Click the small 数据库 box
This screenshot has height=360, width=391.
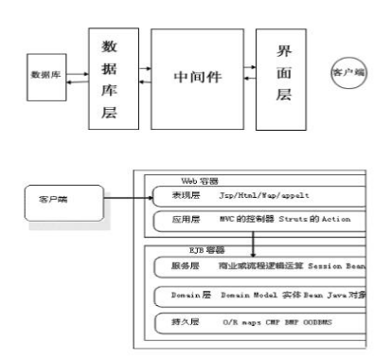coord(46,73)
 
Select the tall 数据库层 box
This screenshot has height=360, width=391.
coord(108,80)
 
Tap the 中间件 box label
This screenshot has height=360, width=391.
coord(198,76)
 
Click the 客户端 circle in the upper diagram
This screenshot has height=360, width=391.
coord(348,72)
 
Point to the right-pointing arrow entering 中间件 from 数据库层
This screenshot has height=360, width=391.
coord(144,67)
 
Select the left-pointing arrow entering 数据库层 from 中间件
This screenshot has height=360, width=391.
coord(144,84)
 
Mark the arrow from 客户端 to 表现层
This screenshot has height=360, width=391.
coord(122,199)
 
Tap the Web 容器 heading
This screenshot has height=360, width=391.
coord(200,180)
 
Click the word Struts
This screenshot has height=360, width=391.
coord(308,220)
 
